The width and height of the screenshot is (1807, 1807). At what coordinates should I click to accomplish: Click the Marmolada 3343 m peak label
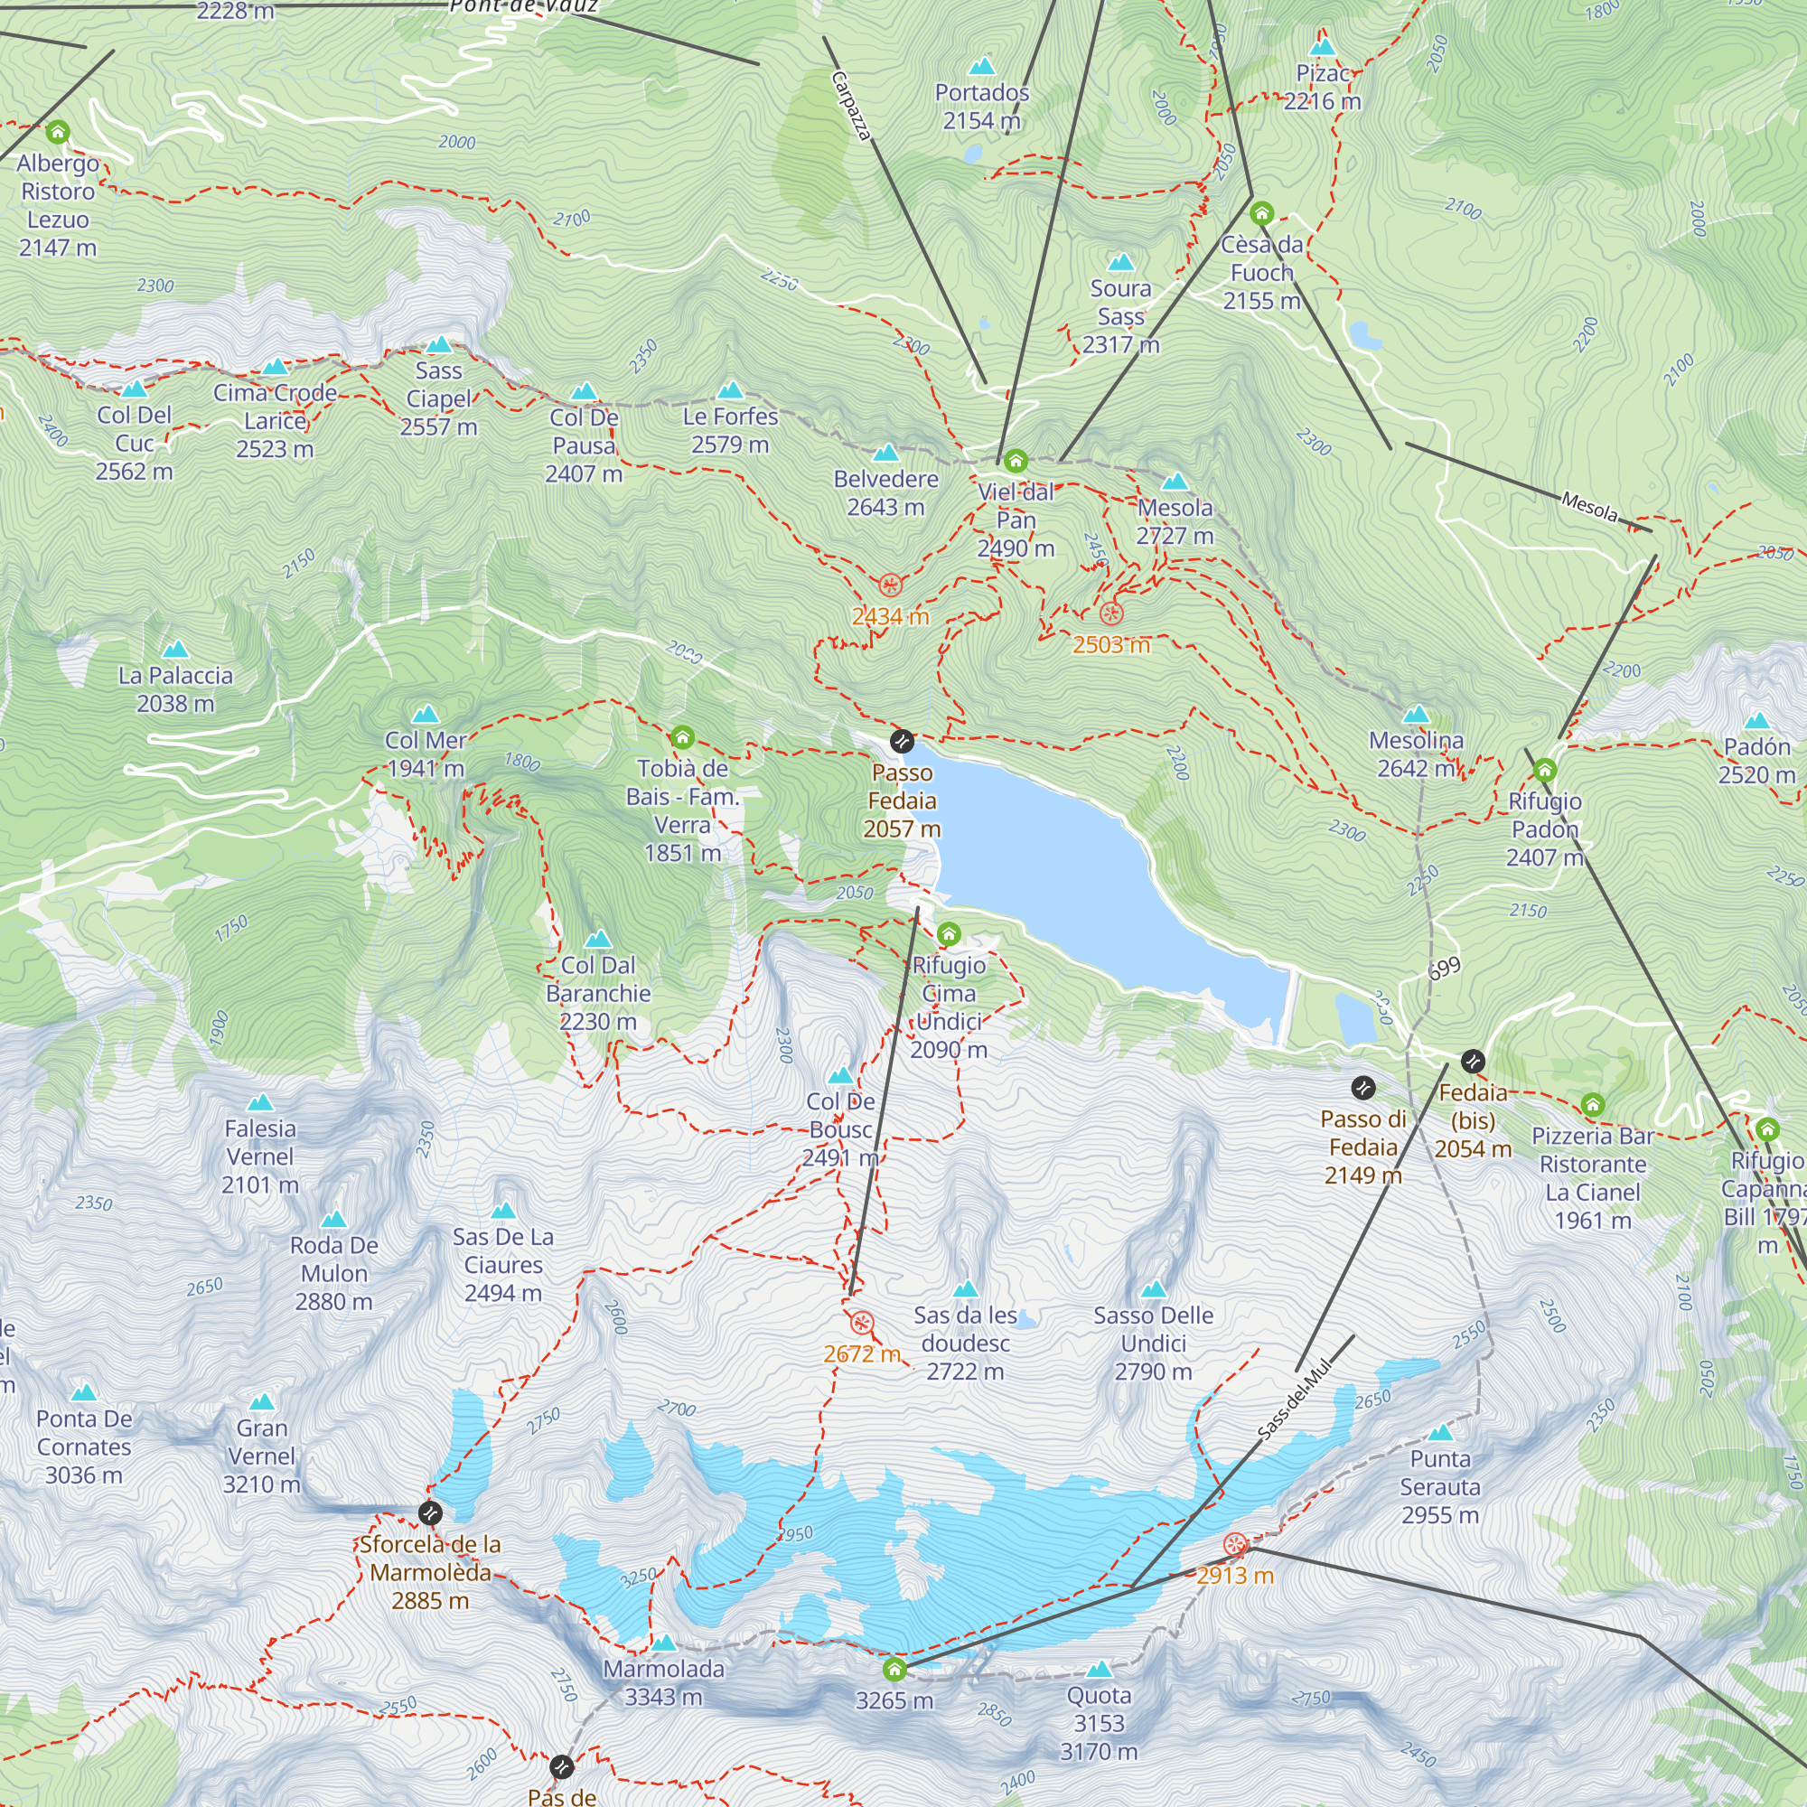coord(663,1682)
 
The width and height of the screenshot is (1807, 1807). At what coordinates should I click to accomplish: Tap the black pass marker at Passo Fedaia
coord(902,742)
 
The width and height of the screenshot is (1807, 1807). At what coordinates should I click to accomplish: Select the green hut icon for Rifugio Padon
coord(1544,770)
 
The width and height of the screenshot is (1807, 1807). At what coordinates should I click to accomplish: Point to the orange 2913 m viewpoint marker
coord(1235,1544)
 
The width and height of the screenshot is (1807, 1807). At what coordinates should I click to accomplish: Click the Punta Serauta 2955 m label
coord(1439,1486)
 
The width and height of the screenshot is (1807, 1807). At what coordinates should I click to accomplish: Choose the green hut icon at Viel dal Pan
coord(1016,461)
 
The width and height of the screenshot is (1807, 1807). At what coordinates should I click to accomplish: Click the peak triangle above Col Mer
coord(426,715)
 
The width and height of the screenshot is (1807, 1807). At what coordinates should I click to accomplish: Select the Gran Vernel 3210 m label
coord(261,1456)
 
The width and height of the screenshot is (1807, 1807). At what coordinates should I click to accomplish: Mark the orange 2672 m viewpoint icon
coord(862,1324)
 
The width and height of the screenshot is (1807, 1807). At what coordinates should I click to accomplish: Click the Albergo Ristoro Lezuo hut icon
coord(58,132)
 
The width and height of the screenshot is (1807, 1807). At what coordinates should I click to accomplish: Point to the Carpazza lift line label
coord(851,106)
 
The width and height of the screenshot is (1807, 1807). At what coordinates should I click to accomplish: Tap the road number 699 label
coord(1444,968)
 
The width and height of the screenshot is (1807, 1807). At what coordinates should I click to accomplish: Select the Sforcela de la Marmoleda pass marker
coord(430,1512)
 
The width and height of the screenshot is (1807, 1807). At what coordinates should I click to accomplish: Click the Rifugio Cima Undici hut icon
coord(949,933)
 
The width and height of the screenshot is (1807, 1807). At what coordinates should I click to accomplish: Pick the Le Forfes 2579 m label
coord(729,430)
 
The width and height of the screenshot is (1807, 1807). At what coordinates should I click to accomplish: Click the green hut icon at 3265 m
coord(894,1670)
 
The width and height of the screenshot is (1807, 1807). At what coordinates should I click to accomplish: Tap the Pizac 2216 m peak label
coord(1322,87)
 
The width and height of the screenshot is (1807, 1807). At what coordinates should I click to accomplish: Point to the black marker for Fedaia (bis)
coord(1473,1062)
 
